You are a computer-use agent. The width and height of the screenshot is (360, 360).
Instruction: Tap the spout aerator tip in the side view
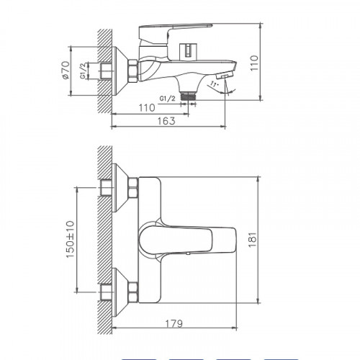point(225,76)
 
